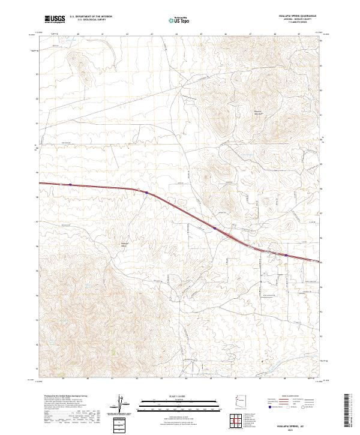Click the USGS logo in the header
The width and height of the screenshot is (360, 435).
click(x=55, y=19)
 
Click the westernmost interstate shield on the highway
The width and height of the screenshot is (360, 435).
click(x=71, y=185)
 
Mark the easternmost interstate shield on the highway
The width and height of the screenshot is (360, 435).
click(x=286, y=255)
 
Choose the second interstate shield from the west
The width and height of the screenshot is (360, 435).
click(x=146, y=193)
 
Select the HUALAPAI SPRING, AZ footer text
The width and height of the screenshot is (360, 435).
click(x=287, y=422)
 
